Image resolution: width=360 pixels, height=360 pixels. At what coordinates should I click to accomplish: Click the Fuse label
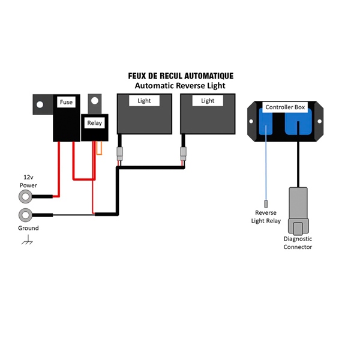pyautogui.click(x=66, y=102)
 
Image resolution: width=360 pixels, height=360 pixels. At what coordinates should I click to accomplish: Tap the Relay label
pyautogui.click(x=95, y=123)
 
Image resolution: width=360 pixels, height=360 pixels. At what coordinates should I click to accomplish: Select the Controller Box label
pyautogui.click(x=285, y=107)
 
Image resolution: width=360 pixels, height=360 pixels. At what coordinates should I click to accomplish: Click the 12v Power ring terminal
pyautogui.click(x=25, y=197)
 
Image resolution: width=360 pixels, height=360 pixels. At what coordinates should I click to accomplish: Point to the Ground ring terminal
pyautogui.click(x=25, y=215)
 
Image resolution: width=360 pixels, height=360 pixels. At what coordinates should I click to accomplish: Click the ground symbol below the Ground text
pyautogui.click(x=27, y=239)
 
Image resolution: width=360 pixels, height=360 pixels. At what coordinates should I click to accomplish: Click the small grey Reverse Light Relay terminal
pyautogui.click(x=266, y=203)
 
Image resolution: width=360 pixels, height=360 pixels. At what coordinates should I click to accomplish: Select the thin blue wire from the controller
pyautogui.click(x=266, y=163)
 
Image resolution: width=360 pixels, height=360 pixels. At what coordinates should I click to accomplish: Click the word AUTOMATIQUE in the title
pyautogui.click(x=209, y=76)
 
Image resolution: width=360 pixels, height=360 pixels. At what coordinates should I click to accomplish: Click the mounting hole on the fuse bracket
pyautogui.click(x=40, y=104)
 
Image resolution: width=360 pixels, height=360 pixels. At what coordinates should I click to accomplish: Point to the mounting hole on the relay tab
pyautogui.click(x=95, y=101)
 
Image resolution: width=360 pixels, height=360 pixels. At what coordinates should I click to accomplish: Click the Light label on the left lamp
pyautogui.click(x=144, y=101)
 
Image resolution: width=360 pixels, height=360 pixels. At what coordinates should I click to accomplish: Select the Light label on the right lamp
pyautogui.click(x=208, y=101)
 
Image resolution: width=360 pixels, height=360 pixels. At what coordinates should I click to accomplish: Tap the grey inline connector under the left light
pyautogui.click(x=119, y=154)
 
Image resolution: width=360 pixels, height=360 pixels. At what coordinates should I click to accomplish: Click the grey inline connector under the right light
pyautogui.click(x=183, y=154)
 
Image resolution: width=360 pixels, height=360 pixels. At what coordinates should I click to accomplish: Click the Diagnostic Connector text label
pyautogui.click(x=298, y=243)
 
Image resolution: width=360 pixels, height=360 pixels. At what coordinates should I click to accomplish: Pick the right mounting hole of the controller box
pyautogui.click(x=319, y=121)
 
